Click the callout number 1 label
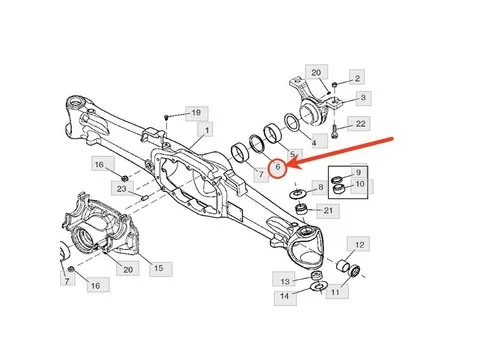pyautogui.click(x=206, y=130)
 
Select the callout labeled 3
pyautogui.click(x=363, y=97)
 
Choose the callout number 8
pyautogui.click(x=319, y=187)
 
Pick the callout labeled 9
pyautogui.click(x=360, y=172)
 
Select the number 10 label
pyautogui.click(x=360, y=186)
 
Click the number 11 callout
pyautogui.click(x=336, y=293)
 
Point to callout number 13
pyautogui.click(x=285, y=281)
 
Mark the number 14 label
pyautogui.click(x=285, y=297)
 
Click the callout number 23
pyautogui.click(x=120, y=188)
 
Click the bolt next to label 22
pyautogui.click(x=333, y=127)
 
